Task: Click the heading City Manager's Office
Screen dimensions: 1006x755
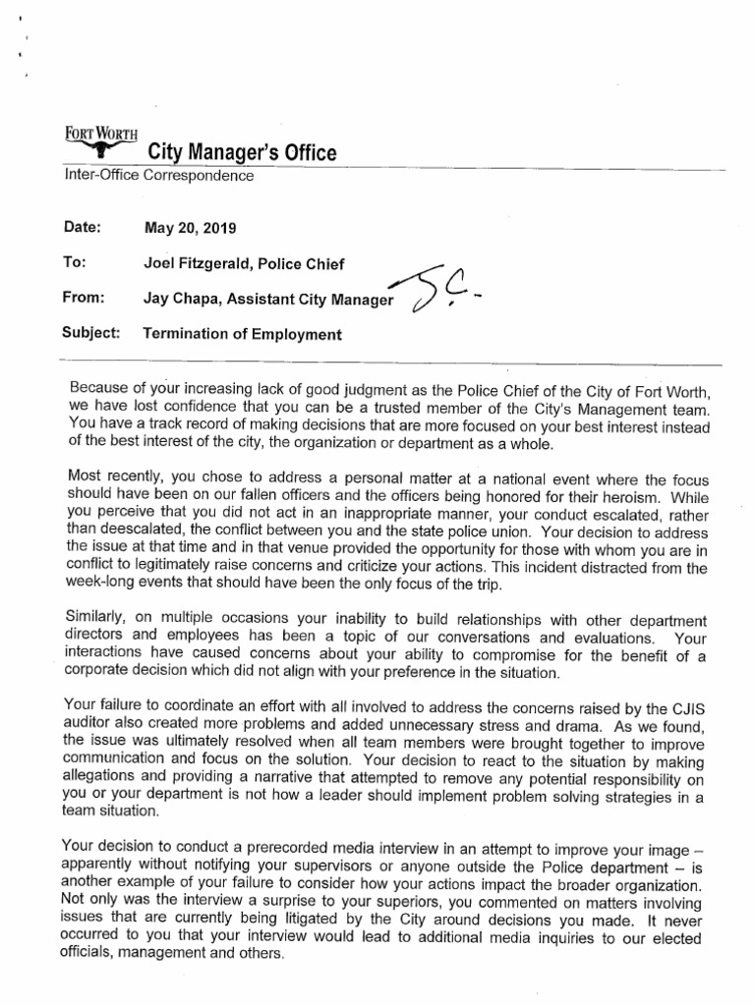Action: [x=241, y=152]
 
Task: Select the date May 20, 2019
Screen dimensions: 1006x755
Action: [x=190, y=228]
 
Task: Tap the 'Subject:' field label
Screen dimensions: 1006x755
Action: [x=90, y=333]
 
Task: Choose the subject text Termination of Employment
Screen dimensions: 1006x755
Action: [x=243, y=333]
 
